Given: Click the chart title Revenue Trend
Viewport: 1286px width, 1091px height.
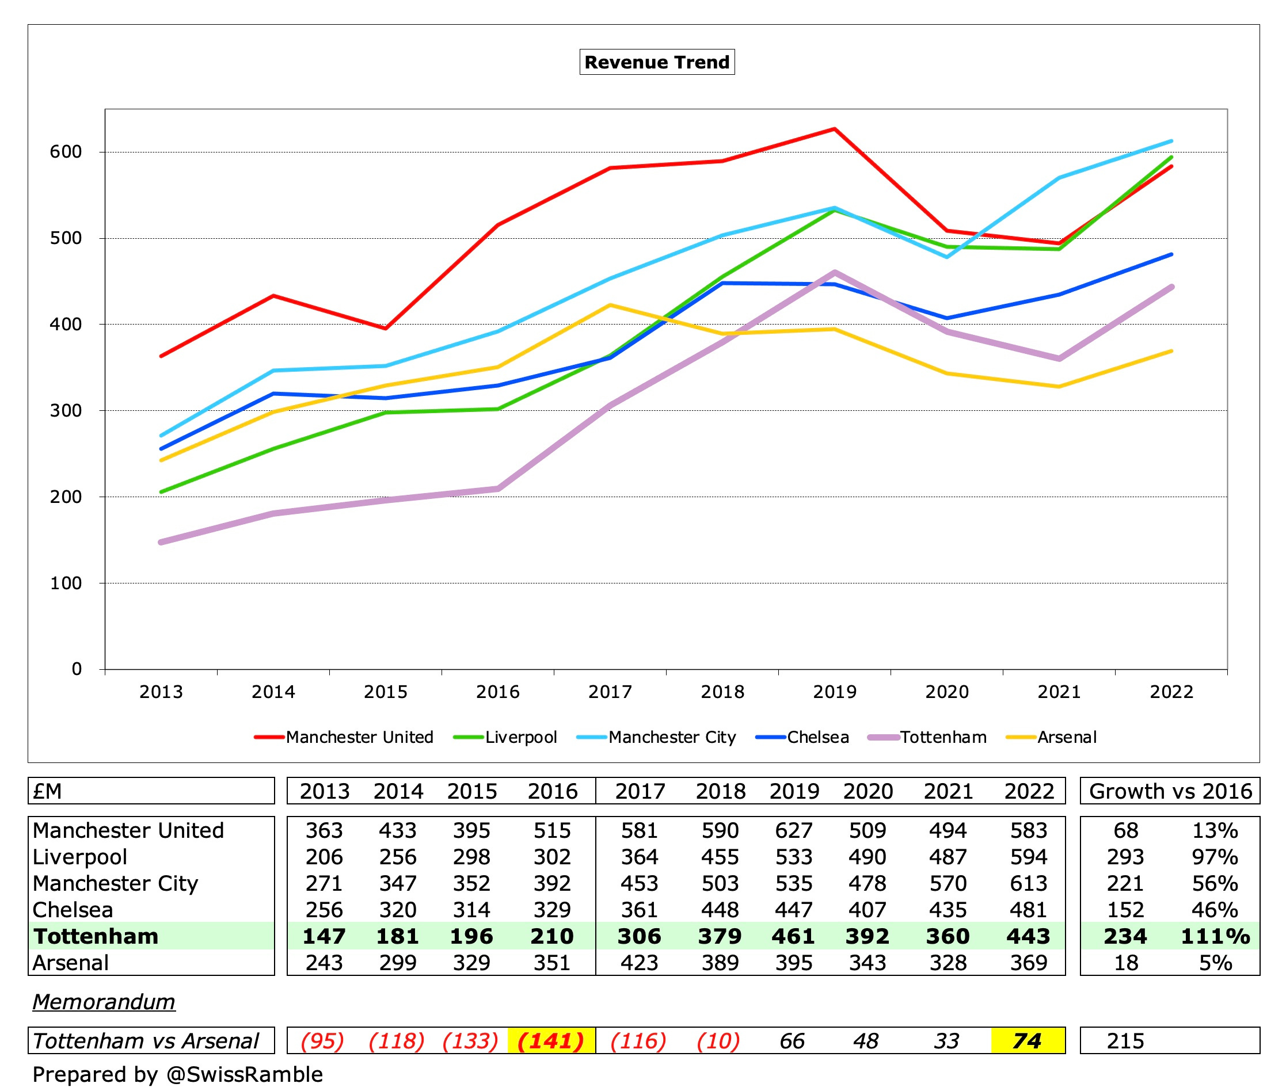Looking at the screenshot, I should coord(656,62).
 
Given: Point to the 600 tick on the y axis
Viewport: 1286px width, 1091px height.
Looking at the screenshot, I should coord(66,151).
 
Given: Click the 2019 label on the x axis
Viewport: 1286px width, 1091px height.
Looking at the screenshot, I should coord(834,692).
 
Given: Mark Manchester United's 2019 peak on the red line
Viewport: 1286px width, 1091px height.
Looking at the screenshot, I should coord(835,129).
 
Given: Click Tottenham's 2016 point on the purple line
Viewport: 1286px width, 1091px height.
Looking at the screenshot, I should coord(498,489).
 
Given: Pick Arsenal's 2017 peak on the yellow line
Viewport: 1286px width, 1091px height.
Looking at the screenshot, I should coord(610,305).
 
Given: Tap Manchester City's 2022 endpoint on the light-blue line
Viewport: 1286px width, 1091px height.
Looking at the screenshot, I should coord(1171,141).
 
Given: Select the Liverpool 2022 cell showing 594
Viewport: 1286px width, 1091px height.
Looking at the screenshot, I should coord(1028,857).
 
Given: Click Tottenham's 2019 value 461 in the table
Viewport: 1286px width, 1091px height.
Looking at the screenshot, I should coord(793,936).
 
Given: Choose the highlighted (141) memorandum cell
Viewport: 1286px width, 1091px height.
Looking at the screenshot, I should coord(550,1041).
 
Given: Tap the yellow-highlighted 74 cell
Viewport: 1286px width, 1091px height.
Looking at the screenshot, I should coord(1027,1041).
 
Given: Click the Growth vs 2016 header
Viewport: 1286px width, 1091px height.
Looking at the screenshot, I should coord(1170,791).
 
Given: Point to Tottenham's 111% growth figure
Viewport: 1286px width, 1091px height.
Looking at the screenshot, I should coord(1215,936).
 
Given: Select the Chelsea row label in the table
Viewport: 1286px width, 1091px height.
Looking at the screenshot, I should coord(73,910).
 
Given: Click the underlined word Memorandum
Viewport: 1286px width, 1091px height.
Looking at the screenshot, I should coord(104,1001).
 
